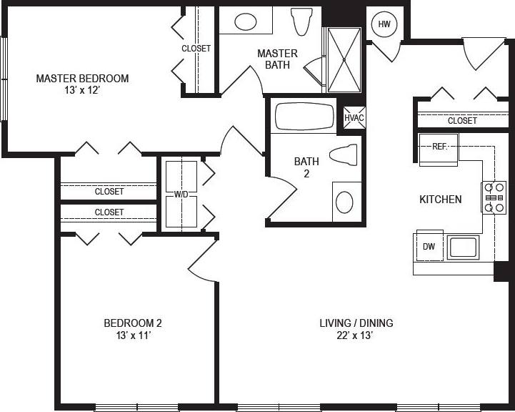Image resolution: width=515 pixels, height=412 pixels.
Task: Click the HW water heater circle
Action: (385, 24)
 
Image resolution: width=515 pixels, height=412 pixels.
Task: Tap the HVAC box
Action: (354, 117)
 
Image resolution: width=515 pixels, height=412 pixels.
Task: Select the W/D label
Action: (181, 194)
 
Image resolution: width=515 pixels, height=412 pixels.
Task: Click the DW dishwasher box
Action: (429, 247)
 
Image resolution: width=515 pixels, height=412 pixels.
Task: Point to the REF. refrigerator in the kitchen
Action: (438, 148)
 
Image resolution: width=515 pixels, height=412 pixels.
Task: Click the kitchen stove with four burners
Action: (493, 197)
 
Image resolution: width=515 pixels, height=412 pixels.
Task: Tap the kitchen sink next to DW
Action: (463, 247)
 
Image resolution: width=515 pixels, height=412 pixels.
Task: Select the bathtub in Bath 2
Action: (304, 117)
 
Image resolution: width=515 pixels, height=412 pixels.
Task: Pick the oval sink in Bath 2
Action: (344, 202)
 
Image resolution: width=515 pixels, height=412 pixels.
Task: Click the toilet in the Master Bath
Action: (302, 21)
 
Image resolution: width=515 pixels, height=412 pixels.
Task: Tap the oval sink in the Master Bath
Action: (246, 21)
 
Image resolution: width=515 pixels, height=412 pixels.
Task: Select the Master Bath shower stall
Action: (345, 60)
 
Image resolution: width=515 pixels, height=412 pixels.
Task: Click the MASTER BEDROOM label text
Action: (82, 79)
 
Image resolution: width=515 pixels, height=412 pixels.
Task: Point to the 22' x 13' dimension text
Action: (356, 335)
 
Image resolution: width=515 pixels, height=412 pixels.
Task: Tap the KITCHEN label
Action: (440, 200)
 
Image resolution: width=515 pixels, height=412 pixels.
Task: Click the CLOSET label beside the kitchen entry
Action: (462, 121)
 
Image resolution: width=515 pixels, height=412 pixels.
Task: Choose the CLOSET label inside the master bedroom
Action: (196, 49)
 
